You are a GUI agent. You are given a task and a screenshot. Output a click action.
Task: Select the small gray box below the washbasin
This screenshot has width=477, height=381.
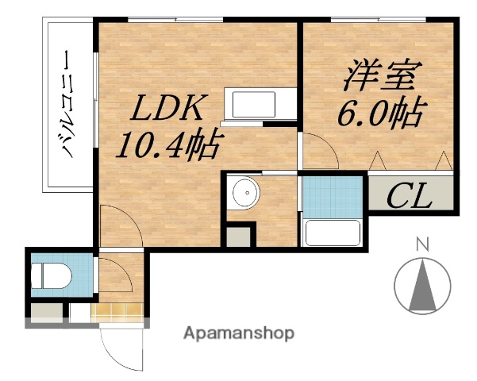pos(237,235)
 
